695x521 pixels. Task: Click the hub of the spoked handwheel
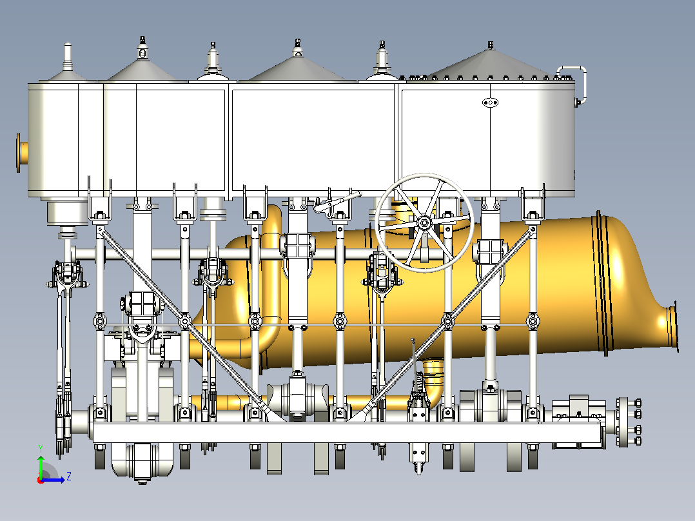(x=424, y=222)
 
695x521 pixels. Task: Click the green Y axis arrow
(x=41, y=466)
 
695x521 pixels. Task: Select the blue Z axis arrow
(x=53, y=480)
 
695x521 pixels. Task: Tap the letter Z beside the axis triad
(x=69, y=477)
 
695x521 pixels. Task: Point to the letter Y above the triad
(x=41, y=448)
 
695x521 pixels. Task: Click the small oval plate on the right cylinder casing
(x=490, y=103)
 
